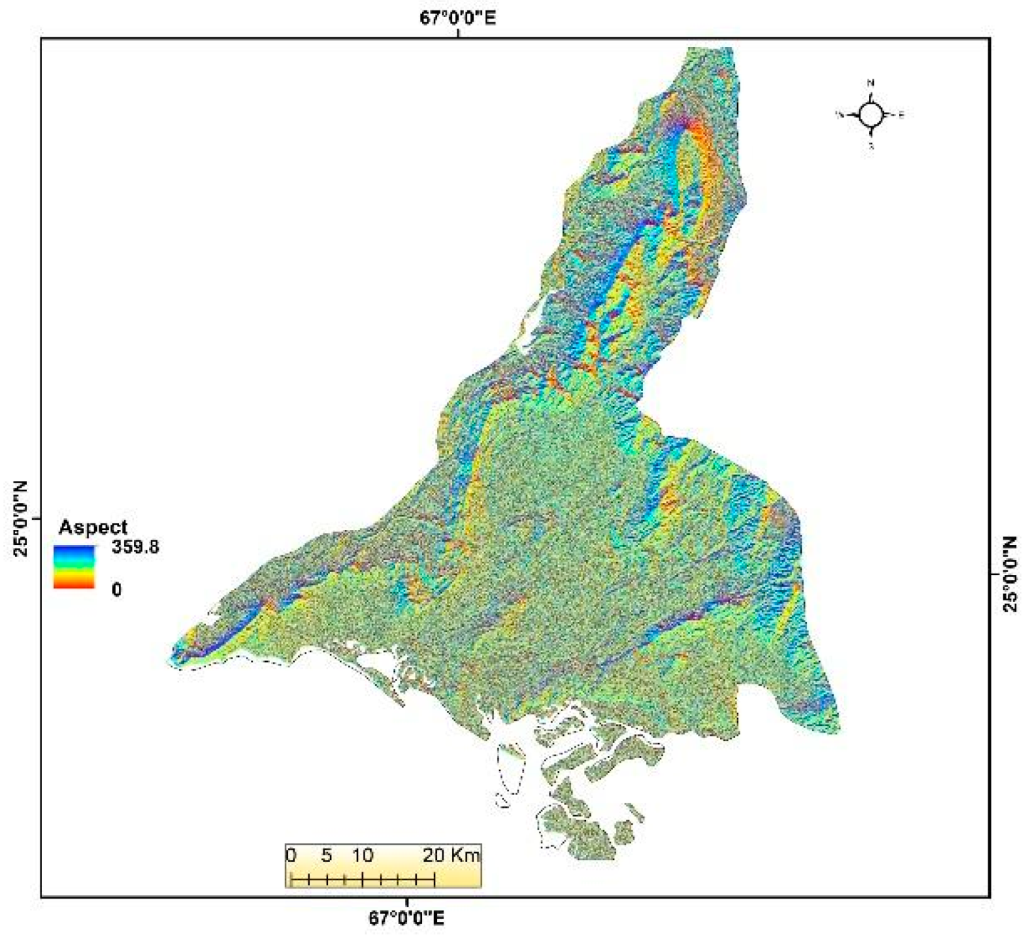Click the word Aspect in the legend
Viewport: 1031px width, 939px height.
[92, 527]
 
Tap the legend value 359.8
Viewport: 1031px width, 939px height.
[135, 547]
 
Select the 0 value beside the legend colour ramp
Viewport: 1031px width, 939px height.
[116, 590]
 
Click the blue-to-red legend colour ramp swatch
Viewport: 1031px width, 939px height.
[74, 567]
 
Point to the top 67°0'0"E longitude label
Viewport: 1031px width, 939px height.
[458, 18]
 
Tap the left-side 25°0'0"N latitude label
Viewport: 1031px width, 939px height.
[21, 519]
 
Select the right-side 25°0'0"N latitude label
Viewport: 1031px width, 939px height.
[1010, 574]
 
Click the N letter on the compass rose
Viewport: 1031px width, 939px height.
[871, 83]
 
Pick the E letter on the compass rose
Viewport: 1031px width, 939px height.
[901, 115]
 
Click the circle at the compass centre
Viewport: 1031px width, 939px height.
[871, 114]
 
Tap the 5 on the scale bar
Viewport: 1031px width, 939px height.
[326, 855]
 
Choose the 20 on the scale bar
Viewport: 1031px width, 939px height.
[434, 855]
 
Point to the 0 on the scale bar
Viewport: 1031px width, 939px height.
[291, 855]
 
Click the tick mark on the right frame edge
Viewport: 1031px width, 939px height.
[994, 574]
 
